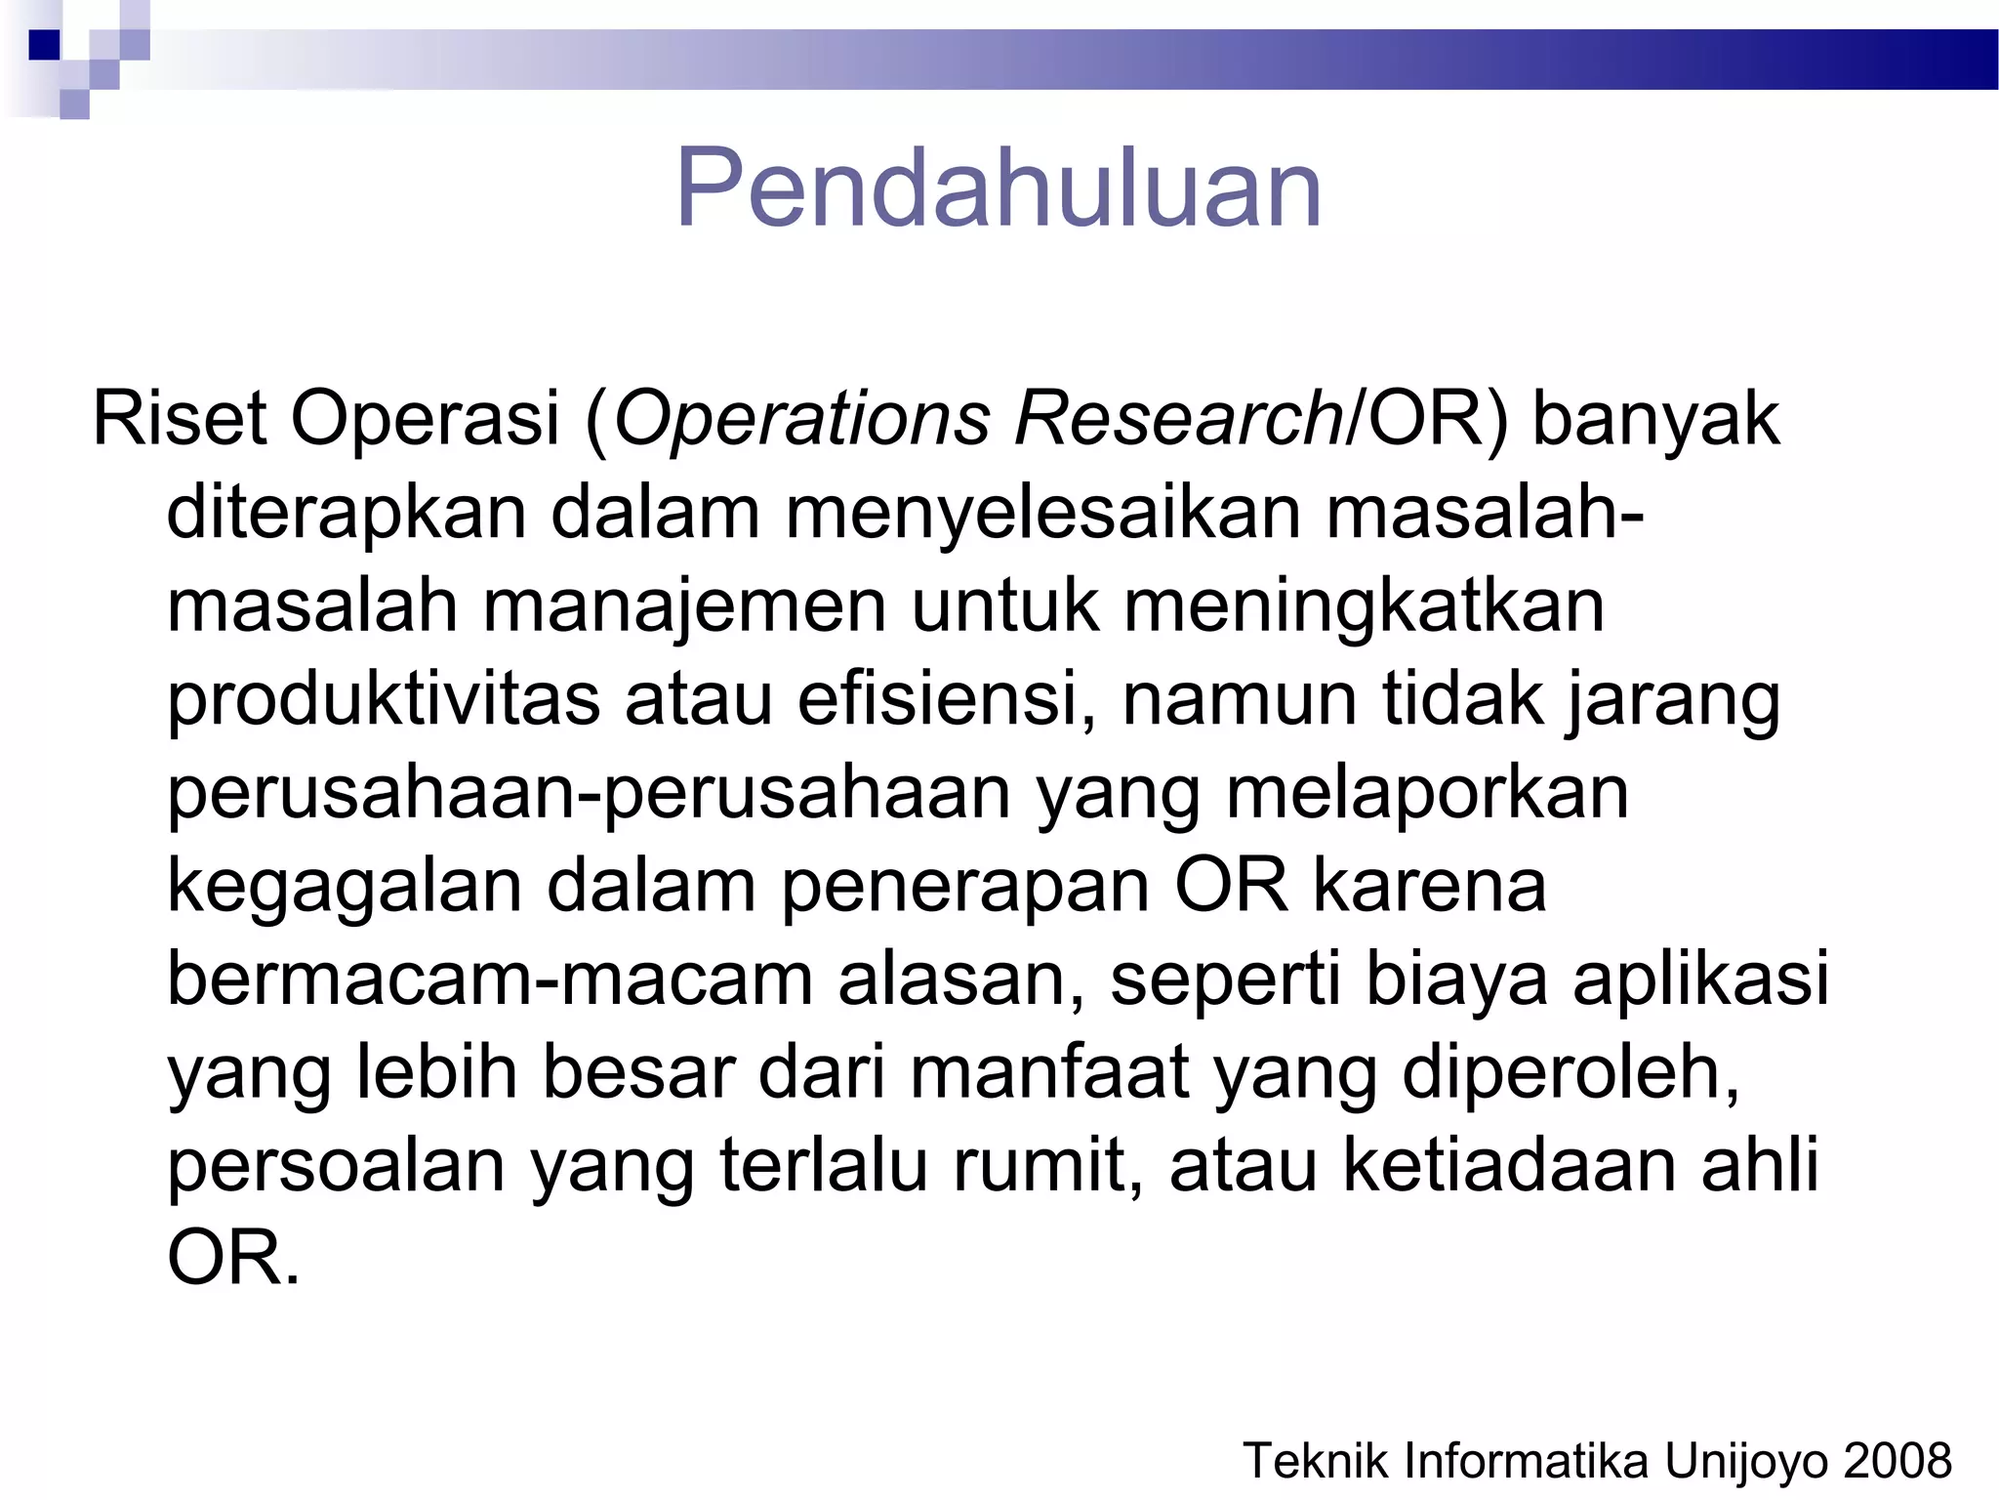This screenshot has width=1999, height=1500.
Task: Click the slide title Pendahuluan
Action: (998, 187)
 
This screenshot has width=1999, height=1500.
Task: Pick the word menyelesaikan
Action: (1043, 513)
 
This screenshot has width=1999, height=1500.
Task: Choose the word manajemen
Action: (684, 605)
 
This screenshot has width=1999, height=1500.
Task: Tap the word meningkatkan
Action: (1364, 605)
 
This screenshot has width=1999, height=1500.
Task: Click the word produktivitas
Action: (384, 699)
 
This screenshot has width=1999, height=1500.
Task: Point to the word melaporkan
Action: (1427, 792)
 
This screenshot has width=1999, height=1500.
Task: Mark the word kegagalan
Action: (345, 886)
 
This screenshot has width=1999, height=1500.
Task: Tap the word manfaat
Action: (1049, 1072)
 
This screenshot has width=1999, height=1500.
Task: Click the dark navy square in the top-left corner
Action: (44, 45)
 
